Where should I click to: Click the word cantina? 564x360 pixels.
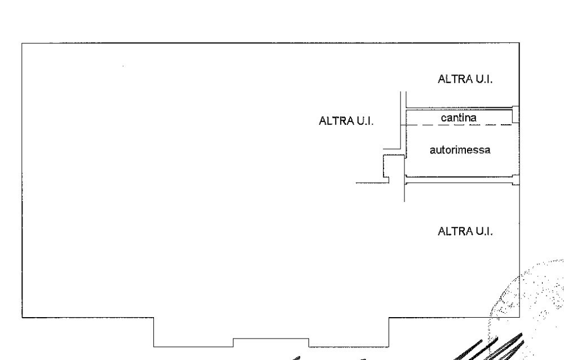[x=459, y=118]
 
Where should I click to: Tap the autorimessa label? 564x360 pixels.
[x=460, y=150]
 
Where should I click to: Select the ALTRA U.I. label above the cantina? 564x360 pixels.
[x=465, y=79]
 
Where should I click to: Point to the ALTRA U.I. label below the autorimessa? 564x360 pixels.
[x=465, y=231]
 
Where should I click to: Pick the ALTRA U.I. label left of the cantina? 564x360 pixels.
[x=346, y=121]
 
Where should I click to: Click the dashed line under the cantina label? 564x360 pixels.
[x=456, y=125]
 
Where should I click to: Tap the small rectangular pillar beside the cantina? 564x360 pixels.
[x=516, y=114]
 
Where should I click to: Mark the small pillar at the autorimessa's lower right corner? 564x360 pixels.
[x=516, y=180]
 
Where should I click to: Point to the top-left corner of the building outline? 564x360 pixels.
[x=22, y=43]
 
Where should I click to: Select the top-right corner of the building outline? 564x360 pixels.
[x=519, y=43]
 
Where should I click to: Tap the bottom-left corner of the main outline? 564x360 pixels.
[x=23, y=318]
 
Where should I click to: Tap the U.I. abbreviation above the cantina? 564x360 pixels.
[x=484, y=79]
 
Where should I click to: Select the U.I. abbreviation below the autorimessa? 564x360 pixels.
[x=484, y=231]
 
